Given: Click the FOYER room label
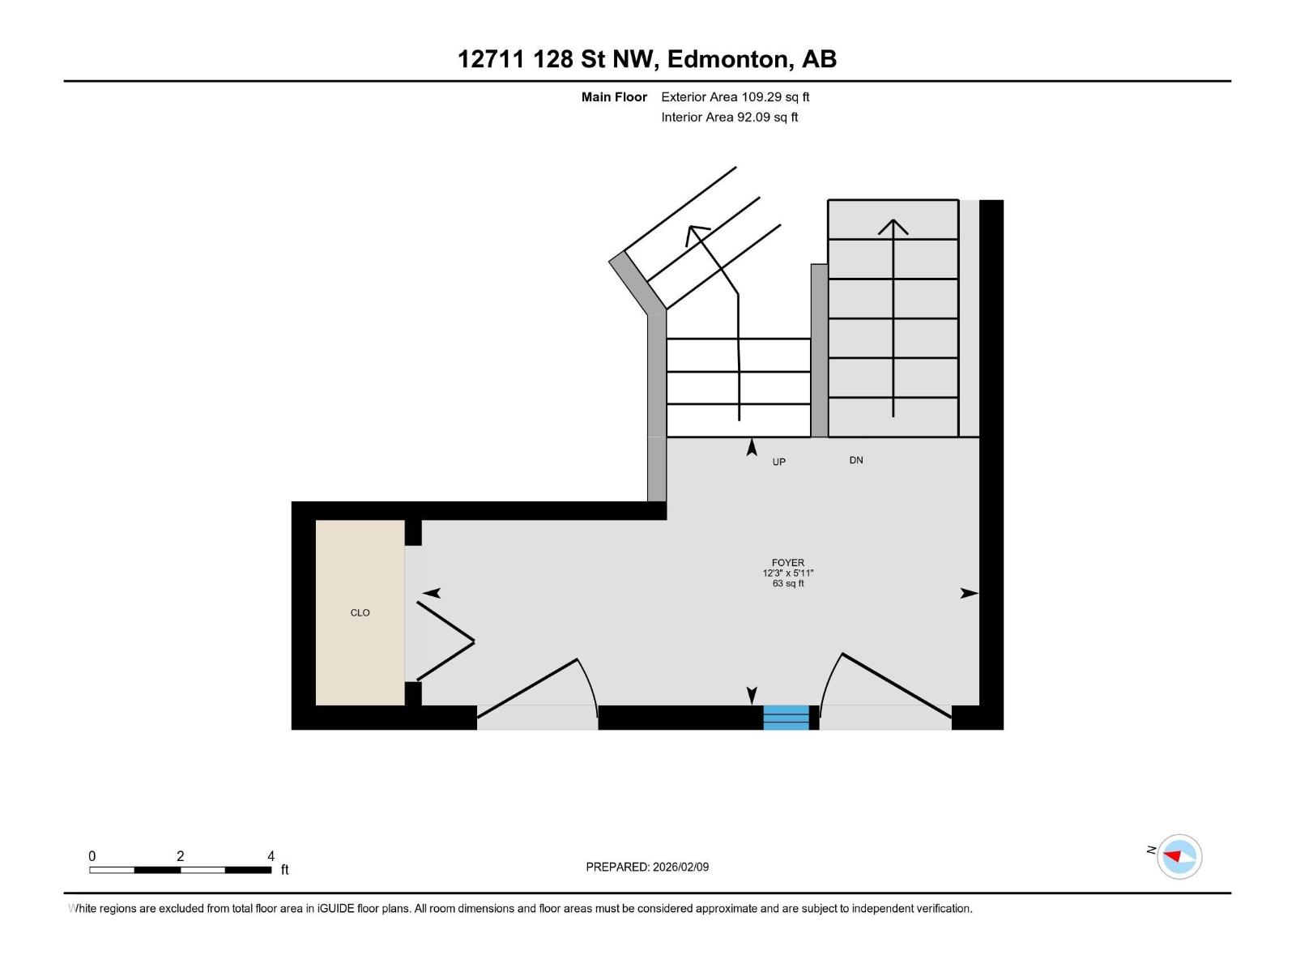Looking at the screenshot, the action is pos(787,562).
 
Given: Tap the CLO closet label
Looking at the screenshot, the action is pos(360,612).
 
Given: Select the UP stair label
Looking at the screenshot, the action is pos(778,462).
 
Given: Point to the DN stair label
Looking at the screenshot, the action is pos(855,460).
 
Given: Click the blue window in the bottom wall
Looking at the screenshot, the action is pos(786,717).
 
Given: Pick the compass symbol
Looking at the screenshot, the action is pos(1179,856).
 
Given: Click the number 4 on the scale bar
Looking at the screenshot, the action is pos(271,855).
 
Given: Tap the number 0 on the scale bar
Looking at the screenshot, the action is pos(92,855).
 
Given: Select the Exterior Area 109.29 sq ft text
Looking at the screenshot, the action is pos(735,96).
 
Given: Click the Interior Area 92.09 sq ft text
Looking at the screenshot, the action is pos(729,117).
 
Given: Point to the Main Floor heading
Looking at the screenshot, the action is pos(614,96).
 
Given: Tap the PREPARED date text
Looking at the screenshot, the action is pos(647,867).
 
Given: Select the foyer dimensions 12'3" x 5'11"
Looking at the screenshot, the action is pos(787,573).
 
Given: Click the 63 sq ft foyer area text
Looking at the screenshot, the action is pos(787,584).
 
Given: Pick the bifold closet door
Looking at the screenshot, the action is pos(446,641).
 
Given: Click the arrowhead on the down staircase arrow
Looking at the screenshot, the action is pos(893,227).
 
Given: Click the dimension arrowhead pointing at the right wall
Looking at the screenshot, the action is pos(970,593).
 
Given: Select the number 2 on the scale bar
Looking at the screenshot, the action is pos(180,855).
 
